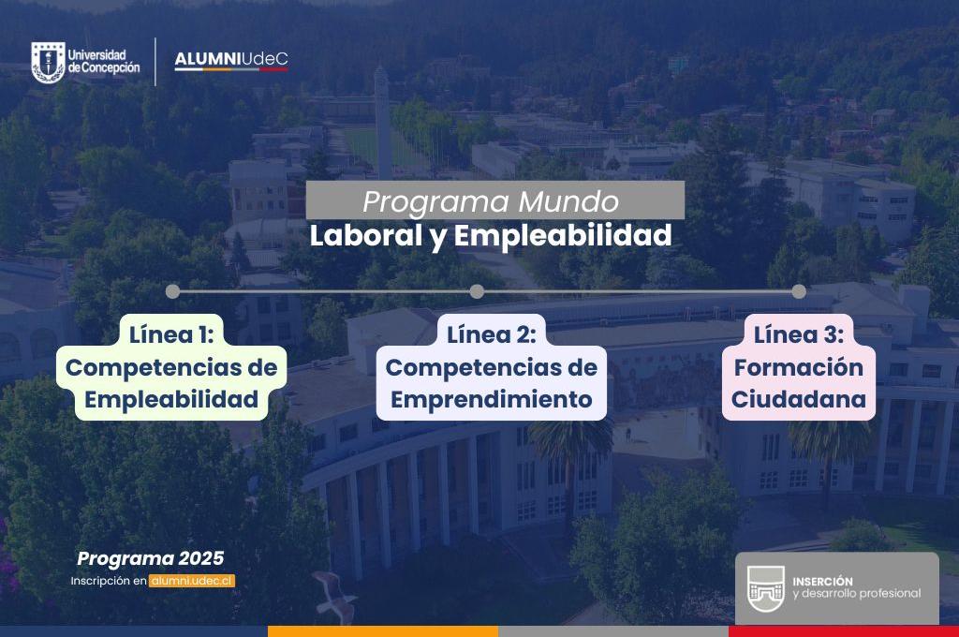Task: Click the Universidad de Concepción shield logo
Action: coord(47,62)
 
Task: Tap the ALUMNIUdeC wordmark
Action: coord(231,61)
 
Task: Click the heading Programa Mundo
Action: coord(491,201)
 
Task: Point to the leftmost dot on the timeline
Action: coord(172,291)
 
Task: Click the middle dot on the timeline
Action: coord(477,291)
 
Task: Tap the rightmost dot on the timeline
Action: coord(799,291)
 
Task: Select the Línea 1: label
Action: coord(172,334)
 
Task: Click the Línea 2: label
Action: coord(491,334)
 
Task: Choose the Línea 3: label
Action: coord(799,334)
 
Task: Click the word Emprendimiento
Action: coord(491,400)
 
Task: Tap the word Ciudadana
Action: coord(799,400)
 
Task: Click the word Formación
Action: coord(799,367)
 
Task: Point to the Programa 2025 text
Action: coord(151,559)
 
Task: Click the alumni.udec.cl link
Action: coord(192,581)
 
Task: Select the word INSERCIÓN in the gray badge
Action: coord(822,581)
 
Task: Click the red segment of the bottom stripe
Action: coord(843,631)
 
